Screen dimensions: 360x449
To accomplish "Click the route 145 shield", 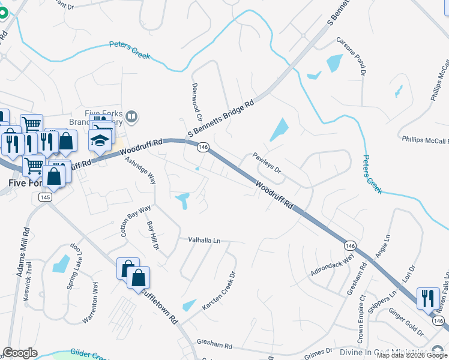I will [44, 197].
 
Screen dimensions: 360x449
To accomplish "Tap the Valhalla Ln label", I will [205, 240].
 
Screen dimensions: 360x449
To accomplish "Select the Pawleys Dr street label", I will [267, 162].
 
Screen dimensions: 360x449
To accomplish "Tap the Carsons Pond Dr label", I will [351, 56].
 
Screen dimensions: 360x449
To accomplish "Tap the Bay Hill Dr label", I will [152, 235].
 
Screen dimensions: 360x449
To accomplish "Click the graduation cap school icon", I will [100, 141].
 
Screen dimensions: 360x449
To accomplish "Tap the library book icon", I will [132, 115].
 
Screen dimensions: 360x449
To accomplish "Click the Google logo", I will [20, 353].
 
